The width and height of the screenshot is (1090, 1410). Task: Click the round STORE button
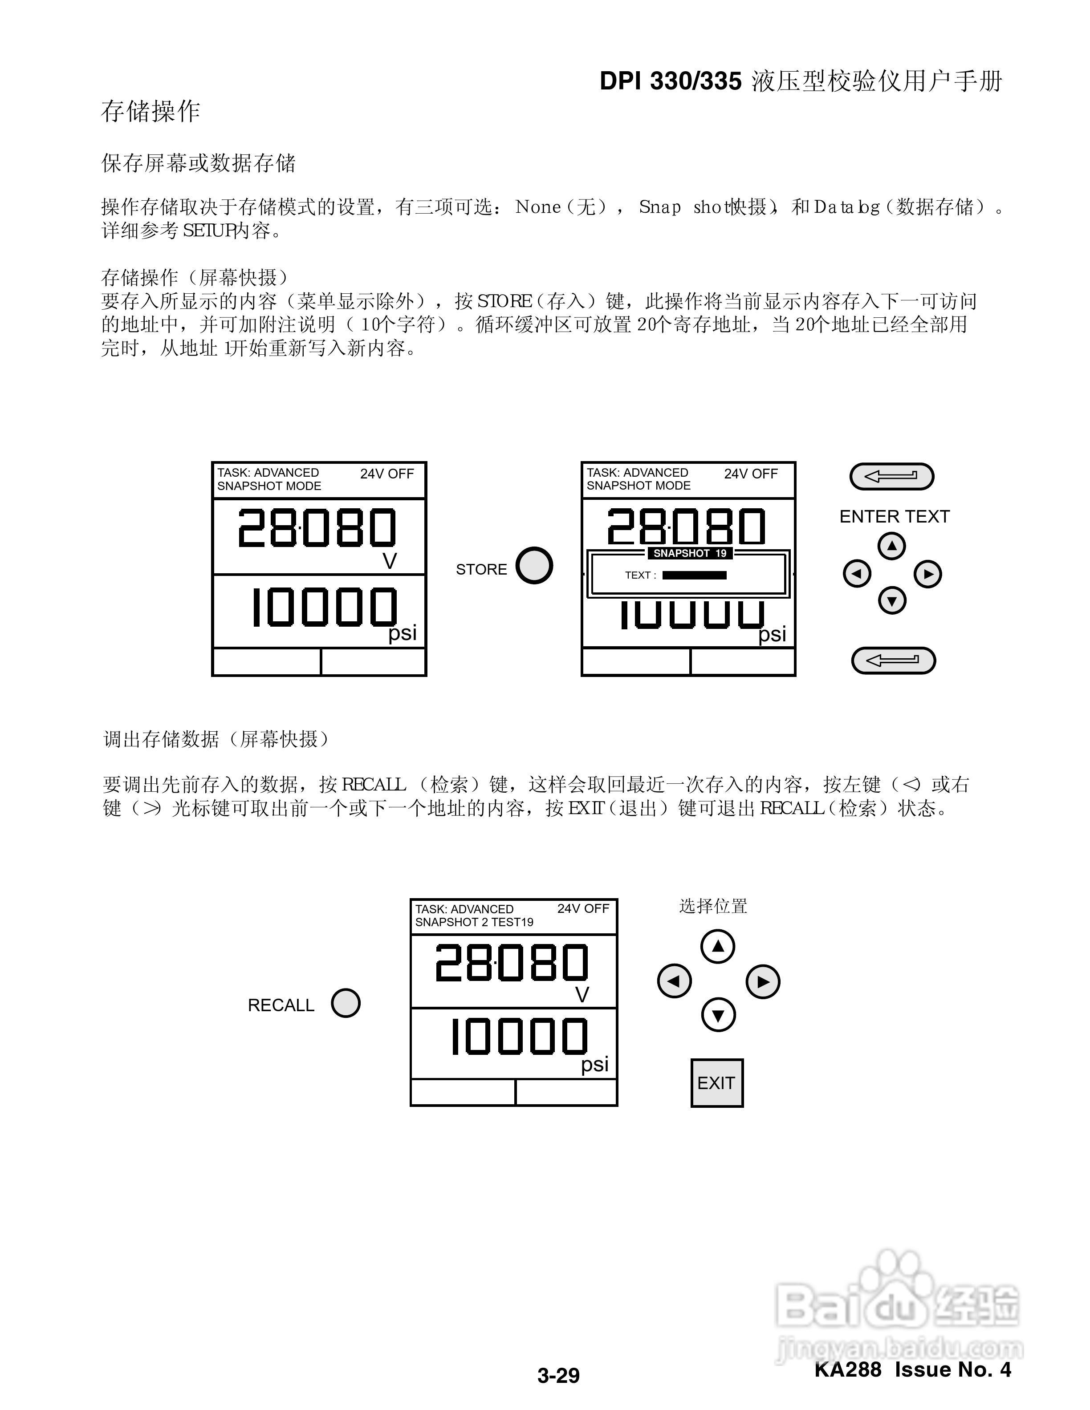click(534, 566)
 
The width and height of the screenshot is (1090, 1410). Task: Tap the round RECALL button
click(346, 1003)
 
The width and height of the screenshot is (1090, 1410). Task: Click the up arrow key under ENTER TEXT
click(892, 546)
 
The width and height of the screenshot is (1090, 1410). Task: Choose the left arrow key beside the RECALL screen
click(674, 981)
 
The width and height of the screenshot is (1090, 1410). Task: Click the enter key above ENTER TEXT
click(892, 477)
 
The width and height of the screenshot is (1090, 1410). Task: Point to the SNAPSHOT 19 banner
click(690, 553)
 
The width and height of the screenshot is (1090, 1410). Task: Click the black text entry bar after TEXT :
click(694, 575)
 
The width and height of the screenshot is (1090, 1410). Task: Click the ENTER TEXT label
click(895, 516)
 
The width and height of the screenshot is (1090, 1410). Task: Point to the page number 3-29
click(558, 1375)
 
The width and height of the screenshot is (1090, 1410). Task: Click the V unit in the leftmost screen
click(389, 562)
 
